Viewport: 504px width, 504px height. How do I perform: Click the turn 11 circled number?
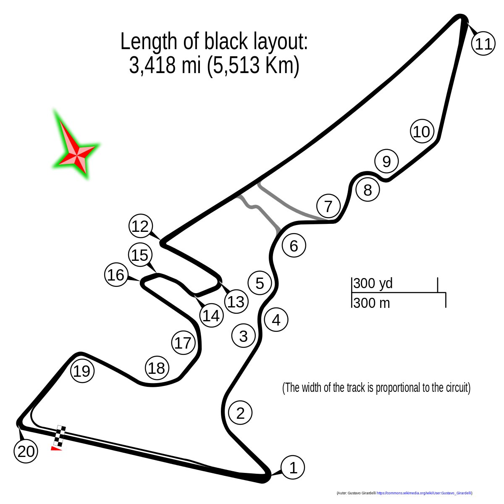pyautogui.click(x=483, y=44)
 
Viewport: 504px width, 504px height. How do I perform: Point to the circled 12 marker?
pyautogui.click(x=141, y=226)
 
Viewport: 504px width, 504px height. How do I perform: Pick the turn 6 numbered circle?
pyautogui.click(x=294, y=245)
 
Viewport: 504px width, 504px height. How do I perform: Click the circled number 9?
pyautogui.click(x=386, y=161)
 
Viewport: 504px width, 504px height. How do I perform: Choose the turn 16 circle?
pyautogui.click(x=116, y=274)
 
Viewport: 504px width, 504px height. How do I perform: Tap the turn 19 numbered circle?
pyautogui.click(x=82, y=370)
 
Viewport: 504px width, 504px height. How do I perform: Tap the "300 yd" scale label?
pyautogui.click(x=373, y=283)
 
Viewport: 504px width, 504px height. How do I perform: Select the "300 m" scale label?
pyautogui.click(x=371, y=303)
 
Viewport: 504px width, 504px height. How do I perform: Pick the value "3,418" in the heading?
pyautogui.click(x=152, y=66)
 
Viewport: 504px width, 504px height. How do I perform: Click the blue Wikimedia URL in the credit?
pyautogui.click(x=424, y=493)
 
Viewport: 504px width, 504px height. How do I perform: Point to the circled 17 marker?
pyautogui.click(x=183, y=342)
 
